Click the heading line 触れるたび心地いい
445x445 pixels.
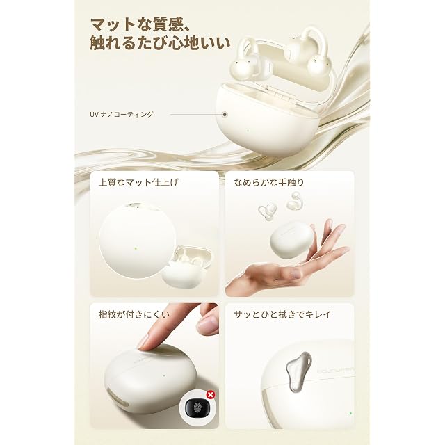click(x=160, y=43)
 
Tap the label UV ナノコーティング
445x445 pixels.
click(x=122, y=114)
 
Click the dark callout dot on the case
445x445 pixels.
click(x=225, y=114)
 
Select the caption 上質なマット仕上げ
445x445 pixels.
click(x=138, y=182)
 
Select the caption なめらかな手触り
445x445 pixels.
click(x=268, y=182)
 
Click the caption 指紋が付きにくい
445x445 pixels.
click(x=134, y=314)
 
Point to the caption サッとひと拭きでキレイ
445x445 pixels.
click(x=282, y=314)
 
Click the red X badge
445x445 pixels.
click(x=211, y=394)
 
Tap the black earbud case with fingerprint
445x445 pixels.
click(x=197, y=407)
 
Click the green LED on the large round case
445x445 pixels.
click(x=136, y=248)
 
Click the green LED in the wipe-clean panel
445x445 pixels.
click(x=350, y=413)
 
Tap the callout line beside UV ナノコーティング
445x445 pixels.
click(x=196, y=114)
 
